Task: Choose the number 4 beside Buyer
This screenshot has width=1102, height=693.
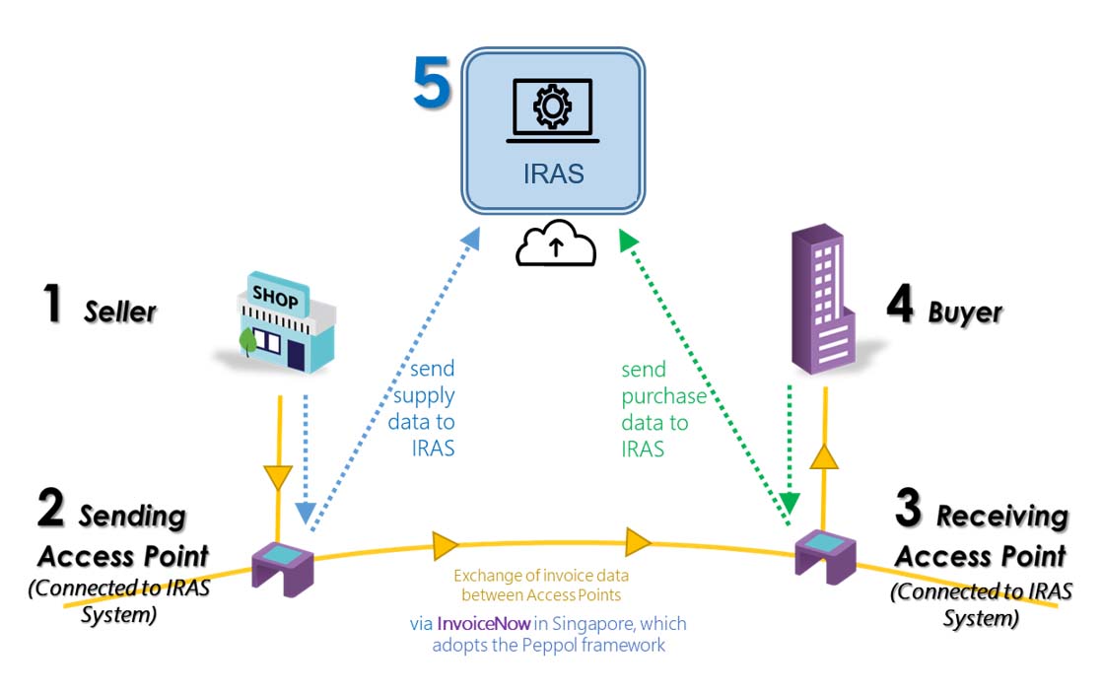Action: [x=899, y=306]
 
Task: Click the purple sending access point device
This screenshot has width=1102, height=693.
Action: [x=283, y=568]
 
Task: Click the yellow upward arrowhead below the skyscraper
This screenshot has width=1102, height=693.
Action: [x=824, y=455]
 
